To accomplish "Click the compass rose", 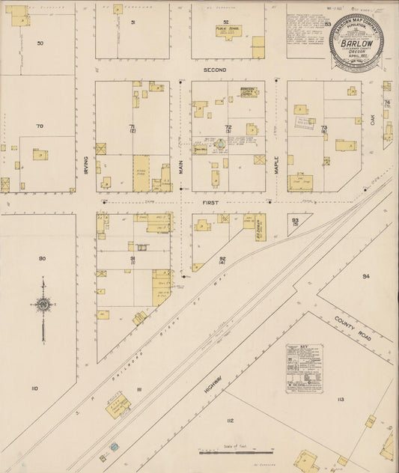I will tap(44, 305).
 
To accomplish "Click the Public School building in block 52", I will tap(225, 31).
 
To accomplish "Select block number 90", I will tap(42, 258).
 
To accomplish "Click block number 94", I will tap(365, 276).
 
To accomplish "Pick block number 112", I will tap(230, 421).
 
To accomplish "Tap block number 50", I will tap(40, 43).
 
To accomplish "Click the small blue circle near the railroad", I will tap(114, 447).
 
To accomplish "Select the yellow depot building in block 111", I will tap(118, 406).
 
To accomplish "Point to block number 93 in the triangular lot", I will tap(295, 220).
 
